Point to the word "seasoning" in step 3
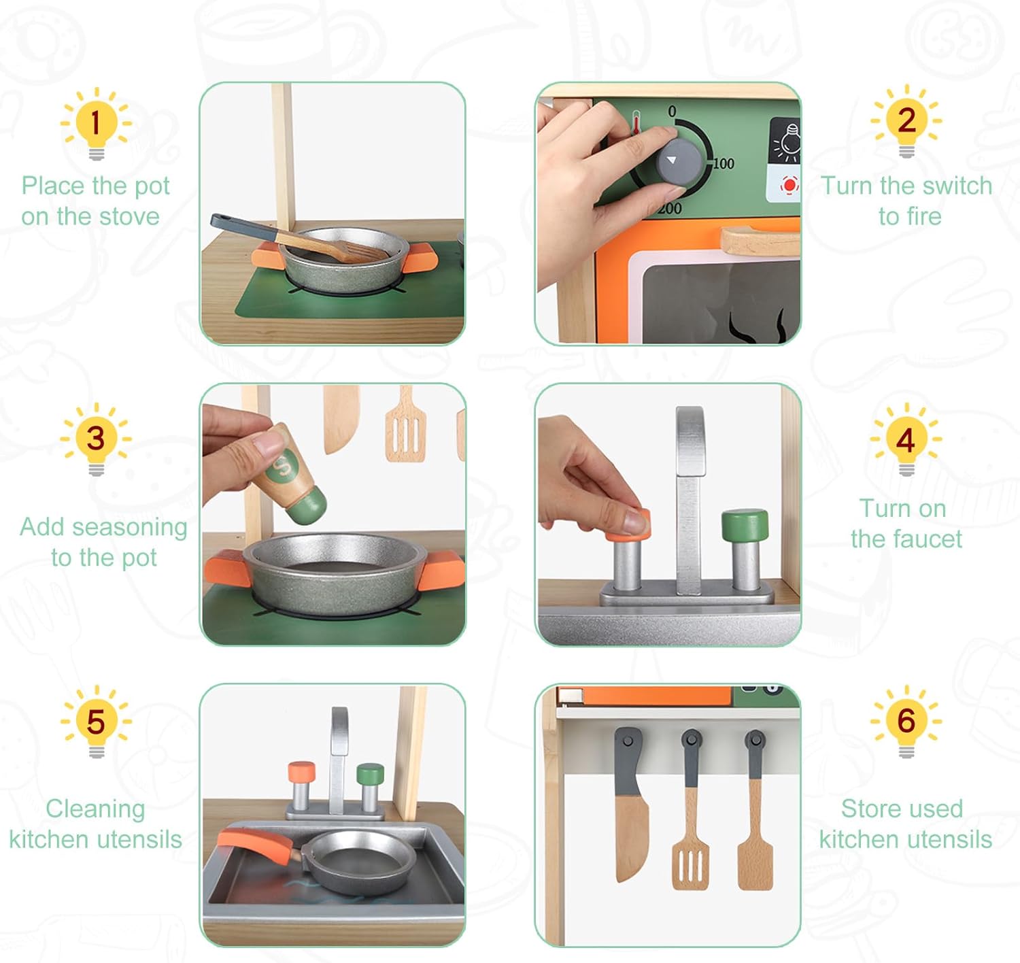(130, 528)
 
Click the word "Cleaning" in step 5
(95, 809)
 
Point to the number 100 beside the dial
(723, 163)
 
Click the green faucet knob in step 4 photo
(745, 524)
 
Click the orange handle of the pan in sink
(255, 843)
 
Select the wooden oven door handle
(760, 241)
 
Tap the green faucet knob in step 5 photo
(371, 774)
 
